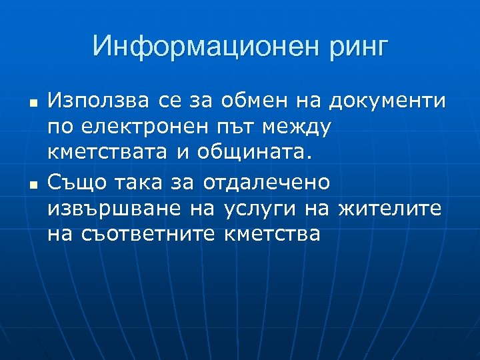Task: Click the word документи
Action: pos(387,101)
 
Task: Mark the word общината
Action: pos(254,153)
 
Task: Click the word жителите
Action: pos(390,208)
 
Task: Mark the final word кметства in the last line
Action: pos(273,234)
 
